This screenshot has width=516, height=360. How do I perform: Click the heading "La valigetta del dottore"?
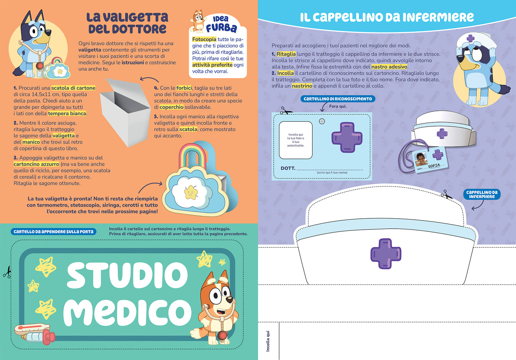pos(127,23)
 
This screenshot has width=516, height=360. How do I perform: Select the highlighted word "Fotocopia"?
pos(204,39)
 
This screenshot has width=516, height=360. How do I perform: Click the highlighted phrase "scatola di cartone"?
pos(73,88)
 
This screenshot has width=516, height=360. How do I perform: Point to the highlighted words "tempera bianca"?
pos(67,113)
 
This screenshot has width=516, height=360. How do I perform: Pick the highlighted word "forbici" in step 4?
pos(184,88)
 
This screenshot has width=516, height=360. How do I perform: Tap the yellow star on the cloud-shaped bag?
pos(191,193)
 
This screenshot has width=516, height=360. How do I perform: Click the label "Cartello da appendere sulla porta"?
pos(54,232)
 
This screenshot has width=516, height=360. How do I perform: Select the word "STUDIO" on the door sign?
pos(127,275)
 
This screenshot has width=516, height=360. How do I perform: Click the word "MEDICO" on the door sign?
pos(127,312)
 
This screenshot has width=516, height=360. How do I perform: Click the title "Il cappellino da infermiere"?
pos(387,17)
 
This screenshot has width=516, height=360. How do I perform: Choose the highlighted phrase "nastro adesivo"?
pos(389,67)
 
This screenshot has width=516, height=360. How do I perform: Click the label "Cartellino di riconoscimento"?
pos(338,99)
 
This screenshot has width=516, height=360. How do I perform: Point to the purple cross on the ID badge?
pos(347,137)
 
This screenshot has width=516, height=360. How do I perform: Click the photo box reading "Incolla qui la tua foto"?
pos(296,140)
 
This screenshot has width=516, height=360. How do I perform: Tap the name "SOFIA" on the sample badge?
pos(434,166)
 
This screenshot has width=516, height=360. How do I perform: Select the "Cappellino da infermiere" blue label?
pos(482,194)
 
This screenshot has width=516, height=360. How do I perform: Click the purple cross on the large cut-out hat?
pos(386,254)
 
